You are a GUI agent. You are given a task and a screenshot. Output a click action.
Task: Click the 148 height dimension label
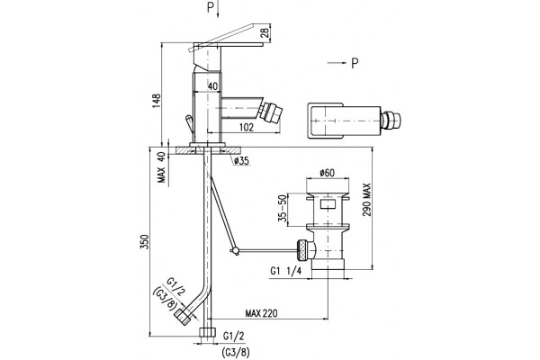pyautogui.click(x=157, y=101)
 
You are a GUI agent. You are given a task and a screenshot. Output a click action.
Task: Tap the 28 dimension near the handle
pyautogui.click(x=265, y=33)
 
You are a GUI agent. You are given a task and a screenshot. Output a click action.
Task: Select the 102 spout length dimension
pyautogui.click(x=247, y=128)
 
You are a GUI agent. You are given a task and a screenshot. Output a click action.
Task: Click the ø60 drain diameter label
pyautogui.click(x=327, y=173)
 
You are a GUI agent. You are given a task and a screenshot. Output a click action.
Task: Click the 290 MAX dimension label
pyautogui.click(x=366, y=200)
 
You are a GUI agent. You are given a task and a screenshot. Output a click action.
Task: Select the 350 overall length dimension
pyautogui.click(x=145, y=241)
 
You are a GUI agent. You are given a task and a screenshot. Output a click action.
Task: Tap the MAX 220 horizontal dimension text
pyautogui.click(x=261, y=313)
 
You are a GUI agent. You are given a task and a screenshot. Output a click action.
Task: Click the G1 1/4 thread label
pyautogui.click(x=286, y=271)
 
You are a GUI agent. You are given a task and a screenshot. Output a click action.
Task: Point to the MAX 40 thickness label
pyautogui.click(x=161, y=167)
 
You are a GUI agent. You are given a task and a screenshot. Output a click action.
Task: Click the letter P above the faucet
pyautogui.click(x=211, y=7)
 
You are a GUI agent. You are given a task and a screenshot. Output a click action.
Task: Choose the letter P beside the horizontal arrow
pyautogui.click(x=355, y=63)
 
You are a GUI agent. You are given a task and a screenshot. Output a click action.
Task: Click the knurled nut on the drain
pyautogui.click(x=302, y=249)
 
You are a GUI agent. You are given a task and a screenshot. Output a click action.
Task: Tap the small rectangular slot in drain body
pyautogui.click(x=328, y=204)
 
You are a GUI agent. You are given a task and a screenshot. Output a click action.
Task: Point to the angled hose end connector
pyautogui.click(x=183, y=317)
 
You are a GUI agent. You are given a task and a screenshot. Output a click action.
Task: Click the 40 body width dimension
pyautogui.click(x=212, y=86)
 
